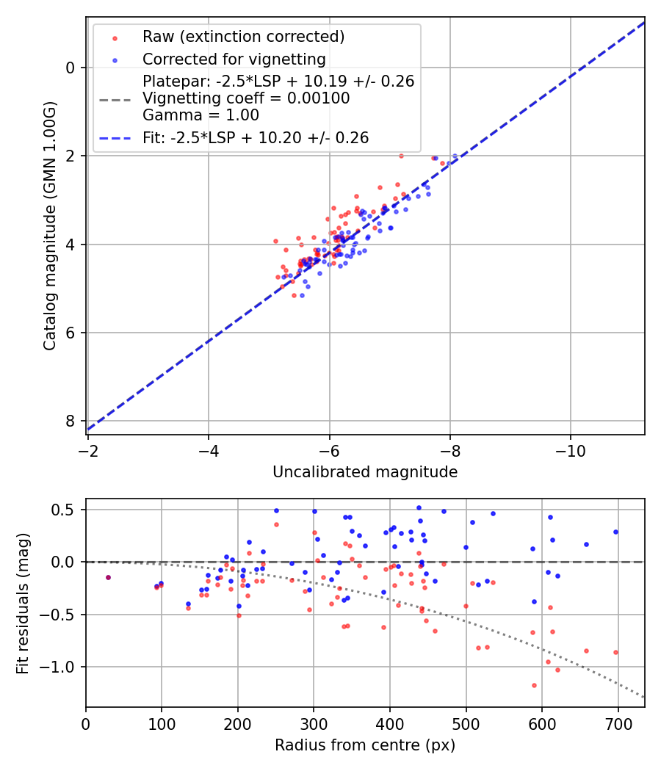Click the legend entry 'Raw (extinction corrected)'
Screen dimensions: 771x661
[243, 37]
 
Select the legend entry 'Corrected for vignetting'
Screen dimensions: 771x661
[234, 59]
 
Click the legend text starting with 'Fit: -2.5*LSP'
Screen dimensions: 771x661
[256, 137]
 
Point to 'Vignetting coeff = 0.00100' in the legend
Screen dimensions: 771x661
[246, 98]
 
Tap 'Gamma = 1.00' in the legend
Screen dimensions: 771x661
[201, 115]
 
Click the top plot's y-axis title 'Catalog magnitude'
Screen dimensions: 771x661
[50, 225]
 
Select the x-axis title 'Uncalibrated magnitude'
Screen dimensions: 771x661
[365, 472]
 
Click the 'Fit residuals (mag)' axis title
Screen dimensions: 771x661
[23, 603]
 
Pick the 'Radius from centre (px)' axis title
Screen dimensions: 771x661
[365, 745]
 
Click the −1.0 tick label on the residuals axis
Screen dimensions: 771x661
[62, 667]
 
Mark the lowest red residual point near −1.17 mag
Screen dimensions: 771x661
[534, 685]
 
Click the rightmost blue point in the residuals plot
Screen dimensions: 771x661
[615, 532]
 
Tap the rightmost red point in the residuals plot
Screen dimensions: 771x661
[615, 652]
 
